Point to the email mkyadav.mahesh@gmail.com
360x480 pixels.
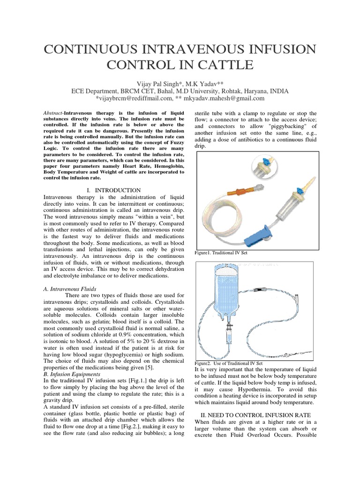[x=225, y=98]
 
